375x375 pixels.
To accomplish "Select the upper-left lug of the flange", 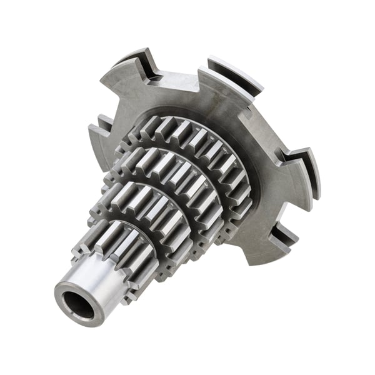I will (x=131, y=69).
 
